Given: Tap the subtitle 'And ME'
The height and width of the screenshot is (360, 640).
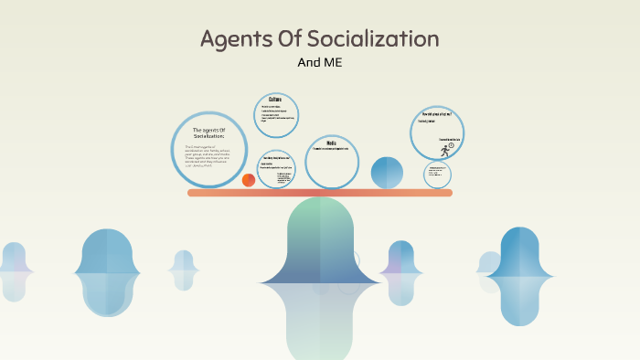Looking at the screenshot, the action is pyautogui.click(x=320, y=62).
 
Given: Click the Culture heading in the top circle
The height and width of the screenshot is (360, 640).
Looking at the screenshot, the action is pyautogui.click(x=275, y=99).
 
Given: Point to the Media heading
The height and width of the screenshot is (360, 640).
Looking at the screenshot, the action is pyautogui.click(x=332, y=143).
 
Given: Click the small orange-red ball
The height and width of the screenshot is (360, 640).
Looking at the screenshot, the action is pyautogui.click(x=249, y=180).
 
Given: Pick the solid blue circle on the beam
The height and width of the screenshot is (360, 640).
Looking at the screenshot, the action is pyautogui.click(x=387, y=172).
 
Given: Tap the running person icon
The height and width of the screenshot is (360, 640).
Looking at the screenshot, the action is pyautogui.click(x=445, y=151).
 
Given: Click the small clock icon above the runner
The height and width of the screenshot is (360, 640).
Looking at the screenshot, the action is pyautogui.click(x=451, y=145).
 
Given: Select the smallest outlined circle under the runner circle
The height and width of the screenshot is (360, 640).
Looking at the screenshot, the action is pyautogui.click(x=437, y=174).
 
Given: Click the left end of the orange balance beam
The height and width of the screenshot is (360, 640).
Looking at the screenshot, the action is pyautogui.click(x=192, y=193).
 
